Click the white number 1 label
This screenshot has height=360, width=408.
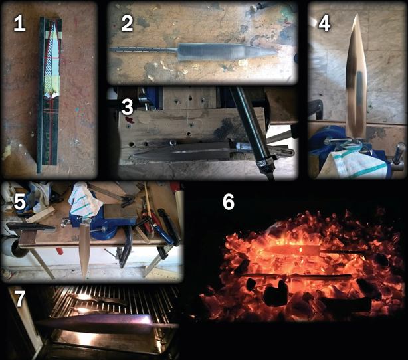[19, 24]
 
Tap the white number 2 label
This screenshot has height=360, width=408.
[127, 23]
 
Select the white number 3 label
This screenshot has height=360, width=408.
[127, 107]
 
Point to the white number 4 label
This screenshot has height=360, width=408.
[324, 24]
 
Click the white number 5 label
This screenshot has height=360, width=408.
[20, 202]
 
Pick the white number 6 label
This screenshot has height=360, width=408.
[229, 202]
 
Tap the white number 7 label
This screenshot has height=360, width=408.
[20, 298]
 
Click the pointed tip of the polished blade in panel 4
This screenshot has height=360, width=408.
[356, 15]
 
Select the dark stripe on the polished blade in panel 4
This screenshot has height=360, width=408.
[359, 88]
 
